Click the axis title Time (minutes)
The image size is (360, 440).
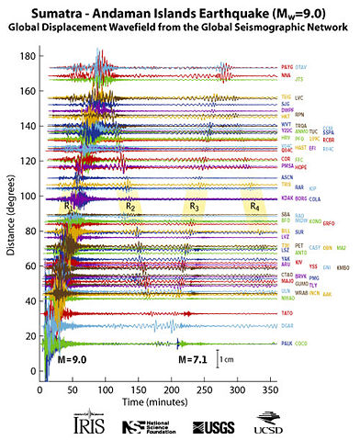tap(162, 402)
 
